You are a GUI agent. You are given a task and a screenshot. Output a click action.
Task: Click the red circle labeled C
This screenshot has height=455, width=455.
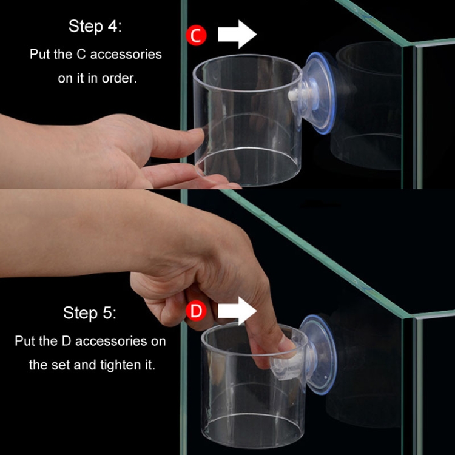(195, 35)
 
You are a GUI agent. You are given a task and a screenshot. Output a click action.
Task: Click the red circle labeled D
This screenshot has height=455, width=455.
(195, 312)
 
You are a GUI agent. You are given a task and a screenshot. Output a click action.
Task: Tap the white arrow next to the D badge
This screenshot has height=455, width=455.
(237, 311)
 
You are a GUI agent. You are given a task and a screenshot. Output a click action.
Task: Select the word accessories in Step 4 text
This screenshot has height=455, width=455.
(124, 54)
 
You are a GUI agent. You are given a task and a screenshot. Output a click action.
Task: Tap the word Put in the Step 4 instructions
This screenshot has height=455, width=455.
(39, 54)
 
